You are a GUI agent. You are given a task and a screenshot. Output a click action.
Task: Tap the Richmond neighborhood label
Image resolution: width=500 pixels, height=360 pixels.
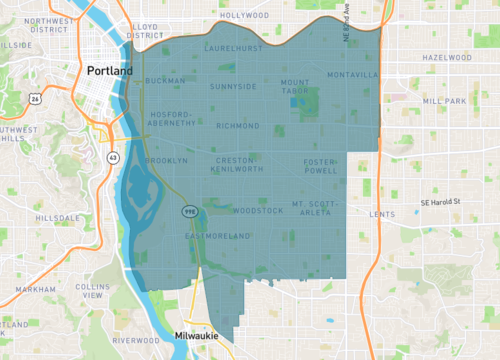click(237, 126)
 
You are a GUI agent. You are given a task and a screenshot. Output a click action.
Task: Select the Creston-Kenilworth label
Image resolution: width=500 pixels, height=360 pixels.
click(237, 164)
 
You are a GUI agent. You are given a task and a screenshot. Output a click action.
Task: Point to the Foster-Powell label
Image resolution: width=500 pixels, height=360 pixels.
click(322, 165)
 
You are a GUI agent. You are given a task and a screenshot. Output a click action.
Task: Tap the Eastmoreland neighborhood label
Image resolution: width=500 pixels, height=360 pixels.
click(217, 236)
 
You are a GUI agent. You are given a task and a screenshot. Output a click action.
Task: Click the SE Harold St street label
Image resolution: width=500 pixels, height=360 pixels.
click(440, 202)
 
